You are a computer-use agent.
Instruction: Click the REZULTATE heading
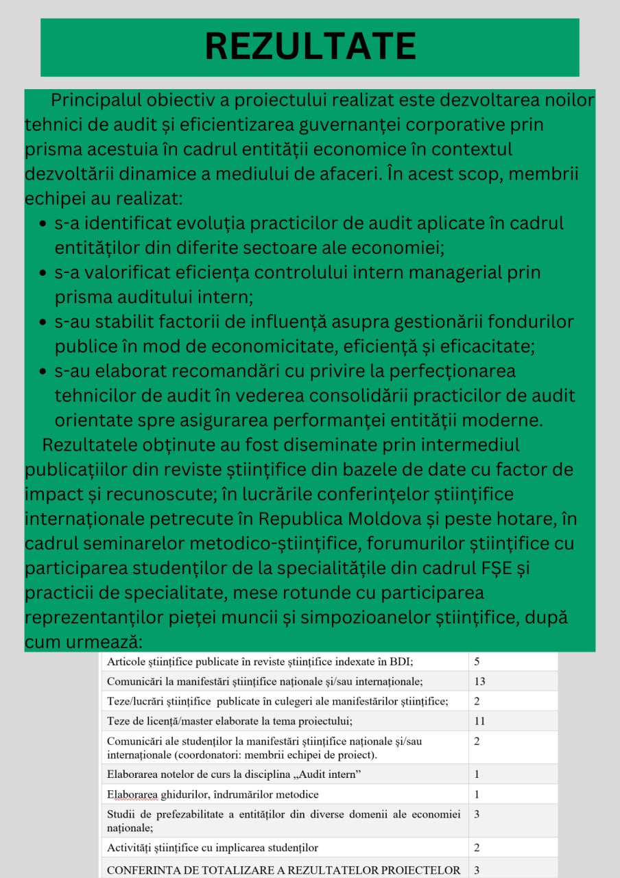coord(310,46)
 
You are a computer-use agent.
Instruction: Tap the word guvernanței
coord(359,125)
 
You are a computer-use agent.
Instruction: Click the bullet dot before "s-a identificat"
coord(43,224)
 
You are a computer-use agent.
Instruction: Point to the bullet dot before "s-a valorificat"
coord(43,274)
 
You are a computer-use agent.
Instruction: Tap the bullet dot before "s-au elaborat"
coord(43,372)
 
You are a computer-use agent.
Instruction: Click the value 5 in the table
coord(477,662)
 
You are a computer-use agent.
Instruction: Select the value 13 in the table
coord(479,682)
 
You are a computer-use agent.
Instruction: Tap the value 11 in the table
coord(479,721)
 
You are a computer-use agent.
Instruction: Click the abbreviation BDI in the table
coord(401,662)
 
